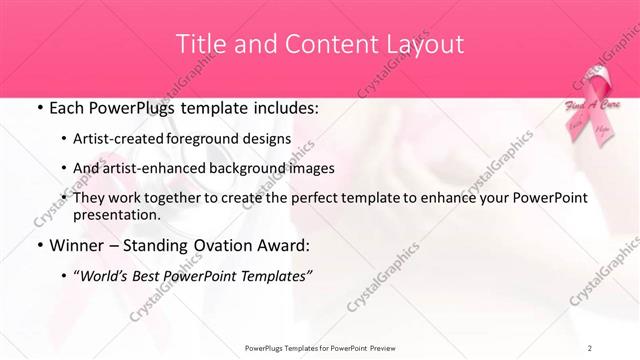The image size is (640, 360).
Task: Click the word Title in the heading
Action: pos(199,44)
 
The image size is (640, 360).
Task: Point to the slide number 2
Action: pos(590,347)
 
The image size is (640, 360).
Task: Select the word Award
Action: pos(286,245)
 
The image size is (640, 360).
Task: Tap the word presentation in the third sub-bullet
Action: pos(116,214)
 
